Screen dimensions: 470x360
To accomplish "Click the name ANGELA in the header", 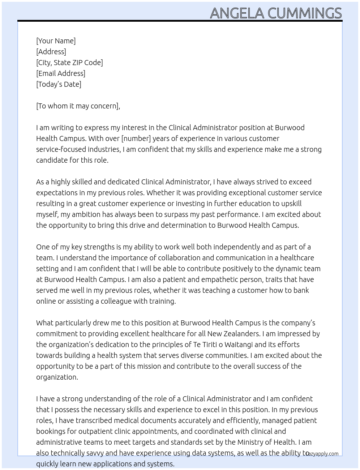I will click(x=237, y=13).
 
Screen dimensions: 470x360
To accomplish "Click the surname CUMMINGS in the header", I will click(x=304, y=13).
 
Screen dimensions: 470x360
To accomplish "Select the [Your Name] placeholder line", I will click(x=56, y=41).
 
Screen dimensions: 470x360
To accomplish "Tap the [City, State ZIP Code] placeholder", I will click(x=69, y=63).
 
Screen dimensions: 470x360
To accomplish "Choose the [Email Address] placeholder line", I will click(x=61, y=73).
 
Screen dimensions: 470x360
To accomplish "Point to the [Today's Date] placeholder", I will click(x=59, y=84).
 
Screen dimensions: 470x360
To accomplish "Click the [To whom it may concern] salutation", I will click(x=77, y=106).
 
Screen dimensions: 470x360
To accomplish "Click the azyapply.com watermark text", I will click(x=323, y=454).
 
